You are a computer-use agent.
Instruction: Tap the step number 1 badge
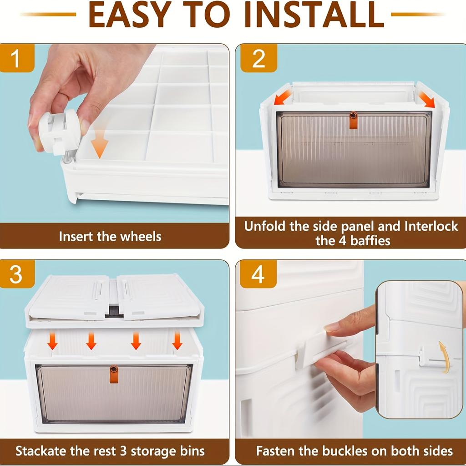coord(16,58)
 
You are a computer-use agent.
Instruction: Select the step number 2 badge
coord(258,58)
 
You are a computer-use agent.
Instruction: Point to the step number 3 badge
coord(16,274)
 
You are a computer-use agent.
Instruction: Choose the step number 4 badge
coord(258,274)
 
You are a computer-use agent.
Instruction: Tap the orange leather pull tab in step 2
coord(353,120)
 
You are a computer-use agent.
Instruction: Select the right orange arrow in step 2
coord(426,100)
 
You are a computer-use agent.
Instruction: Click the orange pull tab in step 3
coord(113,374)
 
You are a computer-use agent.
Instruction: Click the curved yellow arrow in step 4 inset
coord(444,357)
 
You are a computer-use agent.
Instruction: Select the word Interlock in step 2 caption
coord(431,227)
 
